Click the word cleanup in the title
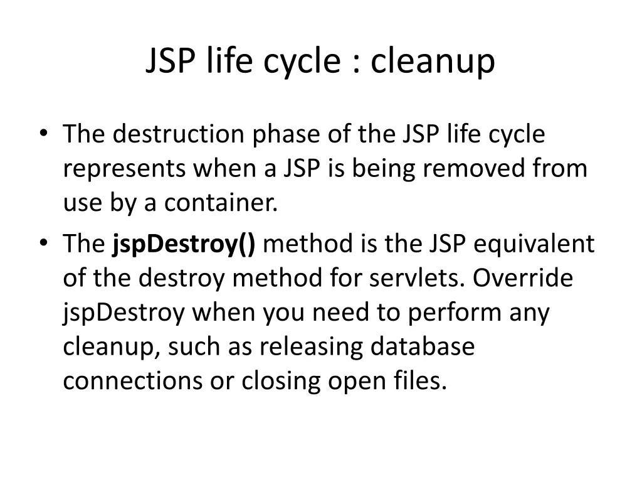pos(433,62)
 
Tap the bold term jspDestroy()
pos(184,244)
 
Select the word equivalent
pos(534,244)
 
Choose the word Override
pos(523,278)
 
